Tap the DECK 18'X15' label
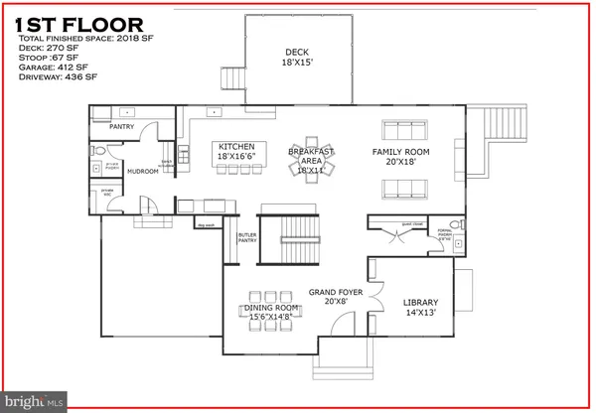click(297, 58)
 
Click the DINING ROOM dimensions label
click(275, 314)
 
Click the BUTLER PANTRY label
click(246, 239)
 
